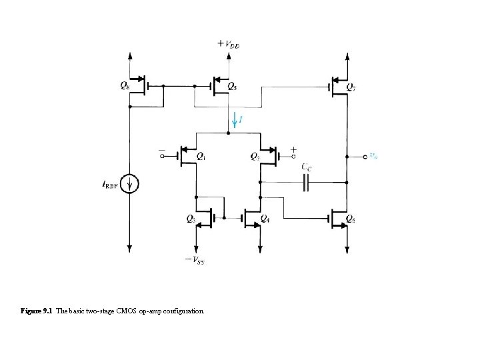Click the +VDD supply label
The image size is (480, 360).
click(229, 44)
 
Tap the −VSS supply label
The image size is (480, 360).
click(195, 260)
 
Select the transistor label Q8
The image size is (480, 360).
click(125, 85)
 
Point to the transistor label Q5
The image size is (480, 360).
click(233, 86)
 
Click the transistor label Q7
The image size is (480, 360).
click(351, 86)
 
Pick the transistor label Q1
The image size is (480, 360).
click(201, 157)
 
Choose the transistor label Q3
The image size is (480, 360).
click(191, 218)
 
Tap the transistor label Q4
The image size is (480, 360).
click(265, 218)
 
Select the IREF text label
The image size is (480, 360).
click(111, 185)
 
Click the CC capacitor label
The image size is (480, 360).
click(307, 166)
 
